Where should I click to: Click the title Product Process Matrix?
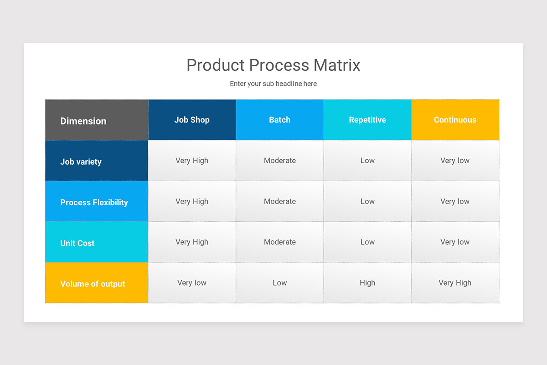click(273, 65)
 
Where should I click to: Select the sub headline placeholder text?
click(273, 84)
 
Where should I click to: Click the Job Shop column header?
click(192, 120)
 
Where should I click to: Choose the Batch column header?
click(280, 120)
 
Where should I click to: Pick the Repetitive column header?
click(367, 120)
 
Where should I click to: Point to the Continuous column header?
click(455, 120)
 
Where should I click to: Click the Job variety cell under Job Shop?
click(192, 161)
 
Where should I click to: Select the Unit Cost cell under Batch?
click(280, 242)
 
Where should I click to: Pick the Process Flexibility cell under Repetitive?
click(367, 201)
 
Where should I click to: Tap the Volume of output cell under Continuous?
click(455, 283)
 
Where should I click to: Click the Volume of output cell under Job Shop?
click(192, 283)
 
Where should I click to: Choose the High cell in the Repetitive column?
click(367, 283)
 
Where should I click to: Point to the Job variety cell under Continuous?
click(455, 161)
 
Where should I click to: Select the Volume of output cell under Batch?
click(280, 283)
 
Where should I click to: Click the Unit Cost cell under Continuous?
click(455, 242)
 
